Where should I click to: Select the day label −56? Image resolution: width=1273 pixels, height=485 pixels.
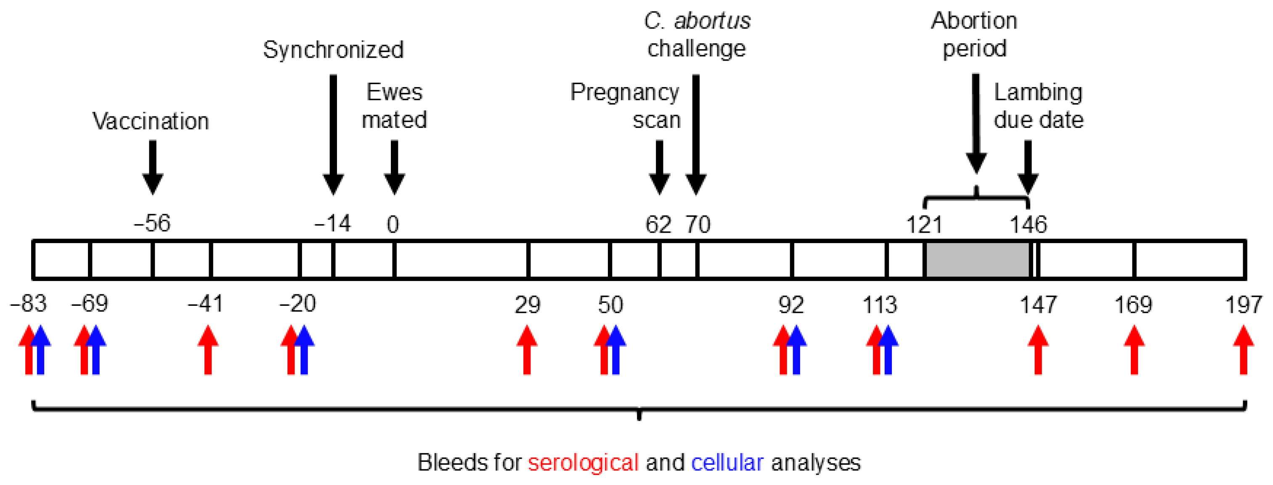pos(152,224)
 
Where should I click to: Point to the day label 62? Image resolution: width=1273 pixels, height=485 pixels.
pos(658,225)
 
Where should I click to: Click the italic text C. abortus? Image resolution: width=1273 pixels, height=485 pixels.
pos(697,21)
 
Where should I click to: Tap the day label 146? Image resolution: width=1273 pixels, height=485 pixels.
pos(1028,225)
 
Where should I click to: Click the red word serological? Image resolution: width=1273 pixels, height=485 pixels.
pos(583,463)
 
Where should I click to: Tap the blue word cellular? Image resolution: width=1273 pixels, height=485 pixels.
pos(727,463)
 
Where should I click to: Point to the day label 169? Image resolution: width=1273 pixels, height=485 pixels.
pos(1133,305)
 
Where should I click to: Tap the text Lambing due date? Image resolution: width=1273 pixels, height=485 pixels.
pos(1038,106)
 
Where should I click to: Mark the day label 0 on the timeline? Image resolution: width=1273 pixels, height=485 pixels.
pos(393,225)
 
